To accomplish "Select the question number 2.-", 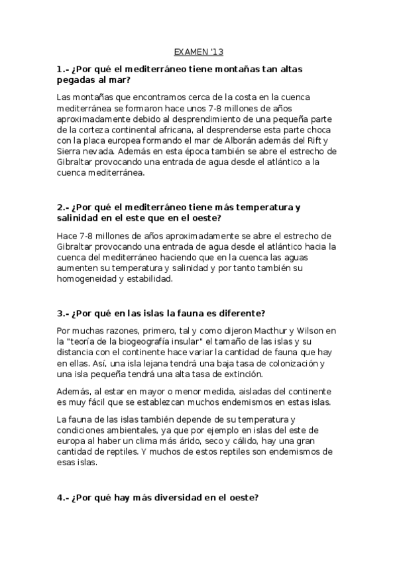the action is tap(64, 207).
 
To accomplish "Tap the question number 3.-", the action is tap(64, 313).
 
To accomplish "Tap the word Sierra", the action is tap(70, 151).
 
